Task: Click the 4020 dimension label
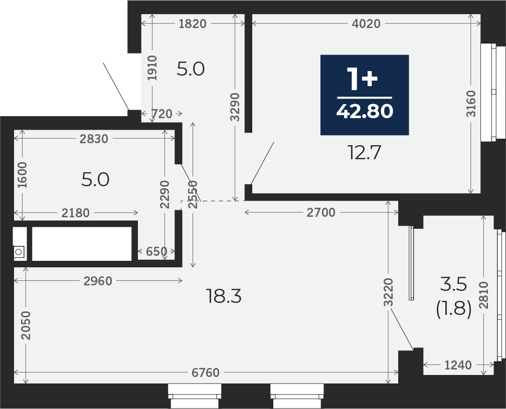[366, 24]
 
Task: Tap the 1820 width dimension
[193, 24]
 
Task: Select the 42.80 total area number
[365, 112]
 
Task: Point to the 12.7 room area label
[365, 152]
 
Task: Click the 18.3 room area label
[224, 296]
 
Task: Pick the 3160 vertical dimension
[471, 104]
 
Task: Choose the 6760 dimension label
[206, 372]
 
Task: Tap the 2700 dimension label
[321, 213]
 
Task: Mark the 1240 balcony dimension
[458, 365]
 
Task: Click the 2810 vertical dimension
[484, 295]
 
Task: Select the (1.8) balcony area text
[454, 310]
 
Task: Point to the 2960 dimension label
[98, 281]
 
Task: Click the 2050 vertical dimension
[26, 325]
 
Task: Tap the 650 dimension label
[156, 251]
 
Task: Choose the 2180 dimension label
[76, 213]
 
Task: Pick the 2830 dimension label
[94, 139]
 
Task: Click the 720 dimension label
[162, 114]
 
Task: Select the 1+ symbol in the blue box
[362, 79]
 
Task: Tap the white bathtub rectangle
[82, 244]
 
